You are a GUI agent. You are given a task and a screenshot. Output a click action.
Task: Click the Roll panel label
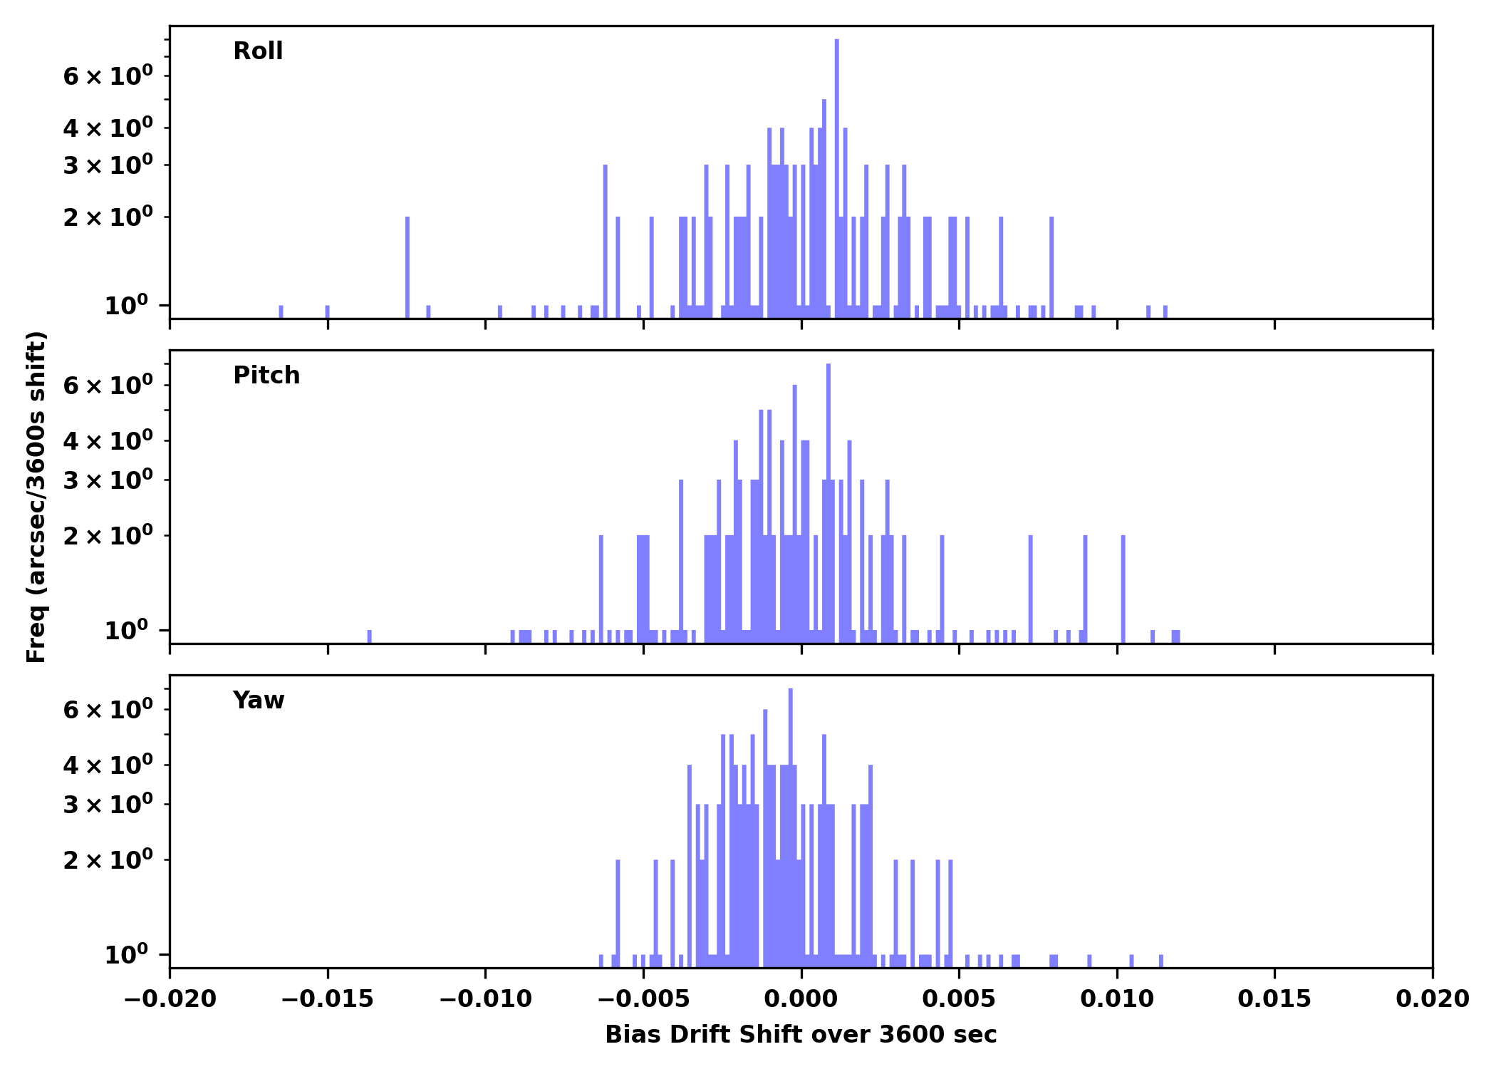(258, 51)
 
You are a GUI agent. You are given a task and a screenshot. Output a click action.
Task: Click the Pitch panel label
(266, 376)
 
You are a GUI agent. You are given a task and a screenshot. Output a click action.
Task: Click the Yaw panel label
(259, 701)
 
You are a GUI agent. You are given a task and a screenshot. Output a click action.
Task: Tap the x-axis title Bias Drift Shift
(801, 1035)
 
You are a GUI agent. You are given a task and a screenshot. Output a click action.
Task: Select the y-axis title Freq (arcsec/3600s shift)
(36, 497)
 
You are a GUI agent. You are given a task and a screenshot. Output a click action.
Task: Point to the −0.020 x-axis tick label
(170, 999)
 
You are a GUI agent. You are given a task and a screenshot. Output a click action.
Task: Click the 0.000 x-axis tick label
(801, 999)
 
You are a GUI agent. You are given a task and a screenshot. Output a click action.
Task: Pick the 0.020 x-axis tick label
(1432, 999)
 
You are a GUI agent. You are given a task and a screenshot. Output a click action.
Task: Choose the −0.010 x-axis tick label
(485, 999)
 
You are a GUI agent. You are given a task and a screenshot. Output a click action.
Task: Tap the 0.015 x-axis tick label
(1274, 999)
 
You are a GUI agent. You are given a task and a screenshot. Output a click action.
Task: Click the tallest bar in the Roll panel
(836, 178)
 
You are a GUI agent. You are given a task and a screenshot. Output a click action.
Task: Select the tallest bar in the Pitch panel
(828, 499)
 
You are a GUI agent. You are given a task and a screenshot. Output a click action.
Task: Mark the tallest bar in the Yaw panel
(791, 820)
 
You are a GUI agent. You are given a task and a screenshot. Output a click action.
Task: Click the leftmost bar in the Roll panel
(281, 311)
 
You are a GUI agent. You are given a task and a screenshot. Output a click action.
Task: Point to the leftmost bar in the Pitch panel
(369, 636)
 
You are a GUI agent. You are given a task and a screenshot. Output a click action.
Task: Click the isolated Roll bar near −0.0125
(407, 267)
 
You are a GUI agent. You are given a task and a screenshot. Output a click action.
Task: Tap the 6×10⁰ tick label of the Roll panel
(108, 76)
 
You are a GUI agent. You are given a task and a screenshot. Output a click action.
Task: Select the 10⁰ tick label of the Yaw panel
(127, 955)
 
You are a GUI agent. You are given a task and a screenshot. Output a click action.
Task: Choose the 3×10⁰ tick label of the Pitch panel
(108, 480)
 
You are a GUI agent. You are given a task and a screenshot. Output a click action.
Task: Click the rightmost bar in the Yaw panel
(1161, 961)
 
